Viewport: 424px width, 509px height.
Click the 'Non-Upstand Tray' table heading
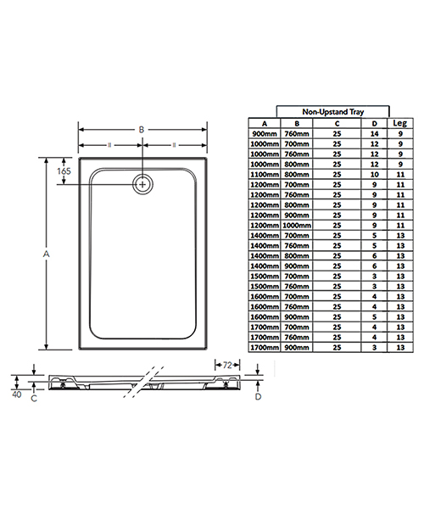click(x=334, y=111)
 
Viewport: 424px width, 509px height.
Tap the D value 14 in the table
click(x=374, y=132)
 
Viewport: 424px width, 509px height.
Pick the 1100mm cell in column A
click(x=265, y=175)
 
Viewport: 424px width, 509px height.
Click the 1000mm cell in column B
click(x=297, y=227)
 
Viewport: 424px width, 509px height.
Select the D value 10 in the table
click(x=374, y=175)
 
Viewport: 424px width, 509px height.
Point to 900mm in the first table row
click(x=265, y=132)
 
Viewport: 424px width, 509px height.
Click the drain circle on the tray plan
click(x=143, y=182)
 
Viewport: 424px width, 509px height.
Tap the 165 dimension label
click(x=64, y=171)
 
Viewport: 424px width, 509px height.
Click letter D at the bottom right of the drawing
click(x=259, y=396)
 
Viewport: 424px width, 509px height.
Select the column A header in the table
click(x=265, y=122)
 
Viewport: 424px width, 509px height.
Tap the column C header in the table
click(x=338, y=122)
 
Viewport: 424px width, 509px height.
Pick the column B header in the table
click(x=297, y=122)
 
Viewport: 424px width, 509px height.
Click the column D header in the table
click(x=374, y=122)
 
